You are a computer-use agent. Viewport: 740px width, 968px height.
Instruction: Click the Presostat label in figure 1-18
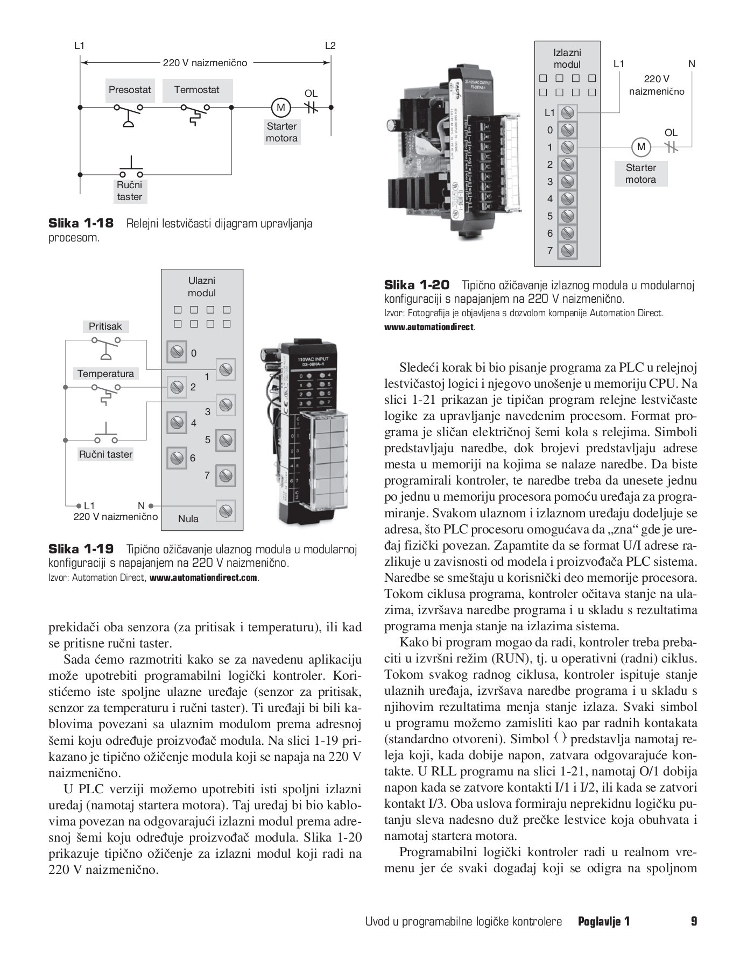[130, 90]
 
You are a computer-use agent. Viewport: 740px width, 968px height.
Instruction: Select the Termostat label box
[196, 90]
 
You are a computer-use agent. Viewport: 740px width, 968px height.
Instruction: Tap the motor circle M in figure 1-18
[280, 108]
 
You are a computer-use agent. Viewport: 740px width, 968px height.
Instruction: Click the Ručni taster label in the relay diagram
[130, 191]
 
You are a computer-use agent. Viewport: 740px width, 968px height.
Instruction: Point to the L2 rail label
[330, 46]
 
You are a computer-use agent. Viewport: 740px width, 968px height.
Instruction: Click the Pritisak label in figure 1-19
[105, 326]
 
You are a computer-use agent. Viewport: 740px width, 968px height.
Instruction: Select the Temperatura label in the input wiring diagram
[105, 374]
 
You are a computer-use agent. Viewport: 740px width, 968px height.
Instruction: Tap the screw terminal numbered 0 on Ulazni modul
[176, 352]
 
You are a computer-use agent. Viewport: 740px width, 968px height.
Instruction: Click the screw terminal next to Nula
[226, 510]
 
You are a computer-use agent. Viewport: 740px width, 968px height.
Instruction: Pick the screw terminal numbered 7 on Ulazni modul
[226, 475]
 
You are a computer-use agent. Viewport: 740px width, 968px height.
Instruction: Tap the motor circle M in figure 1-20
[640, 147]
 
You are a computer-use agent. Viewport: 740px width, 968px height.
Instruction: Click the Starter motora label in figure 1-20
[640, 174]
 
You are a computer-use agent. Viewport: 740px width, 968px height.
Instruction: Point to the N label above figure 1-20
[692, 64]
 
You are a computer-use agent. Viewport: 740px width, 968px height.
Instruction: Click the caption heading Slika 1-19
[81, 549]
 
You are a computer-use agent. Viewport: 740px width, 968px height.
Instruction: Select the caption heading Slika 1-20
[417, 285]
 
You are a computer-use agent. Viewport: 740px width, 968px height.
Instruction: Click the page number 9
[694, 921]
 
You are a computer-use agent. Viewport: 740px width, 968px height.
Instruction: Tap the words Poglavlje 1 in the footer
[603, 921]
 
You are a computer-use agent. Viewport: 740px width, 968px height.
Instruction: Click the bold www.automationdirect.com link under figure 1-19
[204, 578]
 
